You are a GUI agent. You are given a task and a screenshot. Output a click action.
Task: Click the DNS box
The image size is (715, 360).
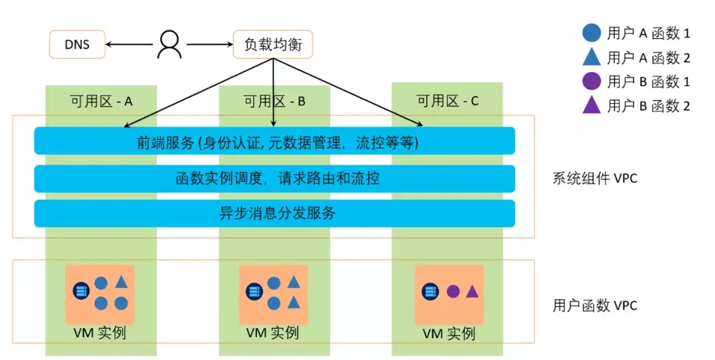(77, 45)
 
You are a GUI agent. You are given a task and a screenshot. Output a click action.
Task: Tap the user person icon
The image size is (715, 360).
(169, 44)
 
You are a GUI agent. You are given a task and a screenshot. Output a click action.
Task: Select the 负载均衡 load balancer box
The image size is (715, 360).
(273, 45)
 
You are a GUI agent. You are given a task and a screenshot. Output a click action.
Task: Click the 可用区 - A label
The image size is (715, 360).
(101, 101)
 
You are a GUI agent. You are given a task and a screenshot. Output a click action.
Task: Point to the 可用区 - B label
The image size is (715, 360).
(274, 101)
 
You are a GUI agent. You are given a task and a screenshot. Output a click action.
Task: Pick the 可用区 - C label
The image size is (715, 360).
(448, 101)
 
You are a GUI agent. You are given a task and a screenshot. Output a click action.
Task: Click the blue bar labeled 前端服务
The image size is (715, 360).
(274, 141)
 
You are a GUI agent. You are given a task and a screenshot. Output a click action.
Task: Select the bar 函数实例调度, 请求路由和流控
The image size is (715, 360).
(274, 178)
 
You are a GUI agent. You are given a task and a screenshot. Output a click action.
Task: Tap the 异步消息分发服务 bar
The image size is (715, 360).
(274, 213)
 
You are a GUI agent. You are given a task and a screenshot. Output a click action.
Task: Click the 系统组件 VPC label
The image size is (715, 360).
(595, 178)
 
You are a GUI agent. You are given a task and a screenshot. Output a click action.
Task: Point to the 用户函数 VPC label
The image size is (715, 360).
(595, 306)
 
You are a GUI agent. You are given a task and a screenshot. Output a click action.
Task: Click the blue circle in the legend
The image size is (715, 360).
(591, 32)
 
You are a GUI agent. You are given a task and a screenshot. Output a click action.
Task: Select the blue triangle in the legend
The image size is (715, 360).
(591, 58)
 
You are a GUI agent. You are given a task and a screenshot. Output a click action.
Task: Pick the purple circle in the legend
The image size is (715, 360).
(591, 81)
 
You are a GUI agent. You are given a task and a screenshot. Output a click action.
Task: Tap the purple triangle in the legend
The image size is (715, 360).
(591, 105)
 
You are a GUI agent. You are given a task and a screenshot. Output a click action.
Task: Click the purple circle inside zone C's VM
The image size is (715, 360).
(453, 291)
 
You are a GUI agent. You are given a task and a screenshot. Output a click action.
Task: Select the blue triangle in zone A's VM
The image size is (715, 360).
(121, 282)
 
